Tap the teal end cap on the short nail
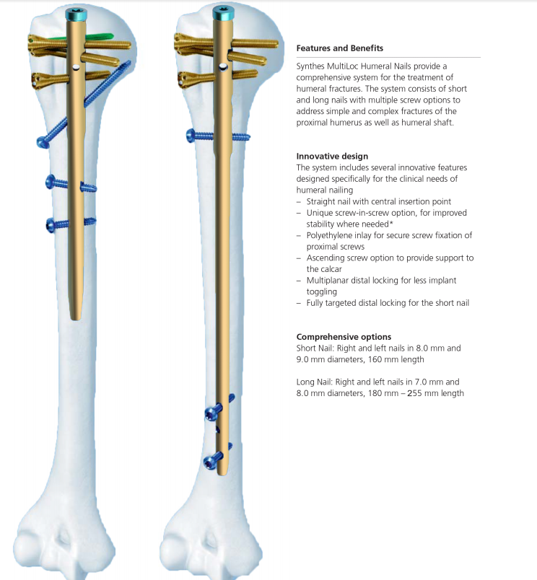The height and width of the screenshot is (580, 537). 77,14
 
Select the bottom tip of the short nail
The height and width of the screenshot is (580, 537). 76,319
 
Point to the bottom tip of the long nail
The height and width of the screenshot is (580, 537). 222,474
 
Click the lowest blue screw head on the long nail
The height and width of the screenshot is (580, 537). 210,462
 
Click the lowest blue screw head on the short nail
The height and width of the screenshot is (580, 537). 51,225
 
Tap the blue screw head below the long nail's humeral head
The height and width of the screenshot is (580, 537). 192,136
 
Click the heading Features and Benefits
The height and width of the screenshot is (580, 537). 340,48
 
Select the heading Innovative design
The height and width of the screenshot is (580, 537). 332,156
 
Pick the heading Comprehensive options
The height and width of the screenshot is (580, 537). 344,337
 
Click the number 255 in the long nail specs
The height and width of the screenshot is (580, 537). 414,393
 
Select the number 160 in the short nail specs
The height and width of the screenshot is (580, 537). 375,359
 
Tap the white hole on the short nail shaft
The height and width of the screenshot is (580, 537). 77,67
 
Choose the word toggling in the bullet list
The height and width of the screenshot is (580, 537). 322,292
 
